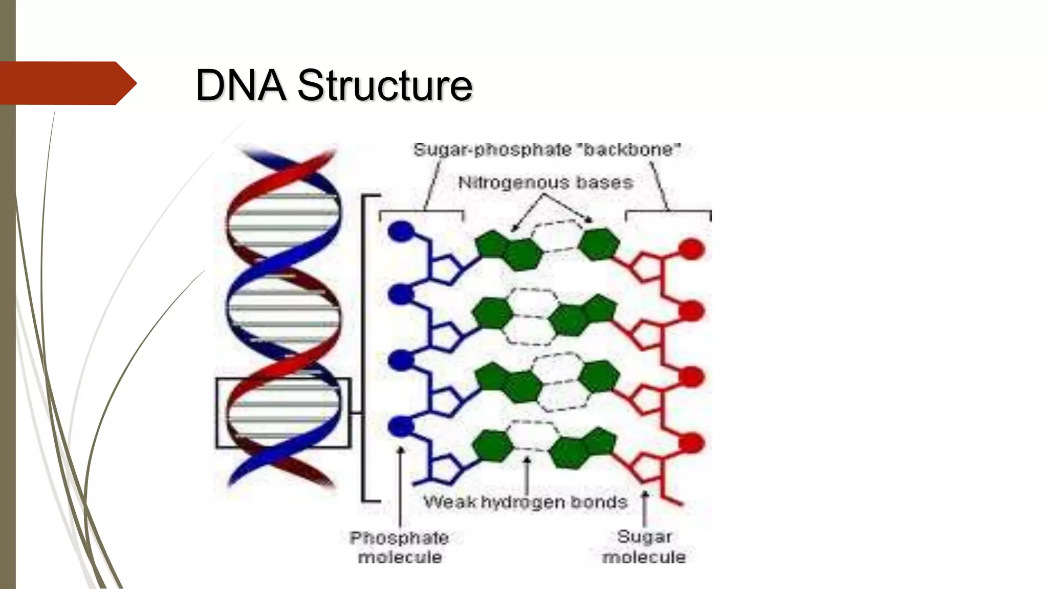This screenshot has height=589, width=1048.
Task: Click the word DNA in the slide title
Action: click(x=241, y=85)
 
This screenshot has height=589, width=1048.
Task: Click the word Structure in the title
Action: click(x=385, y=85)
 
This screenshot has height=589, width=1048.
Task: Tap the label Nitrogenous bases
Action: click(x=545, y=183)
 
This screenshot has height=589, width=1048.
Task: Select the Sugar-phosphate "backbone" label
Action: click(x=547, y=150)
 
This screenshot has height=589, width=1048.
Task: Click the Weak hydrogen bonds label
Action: click(x=526, y=502)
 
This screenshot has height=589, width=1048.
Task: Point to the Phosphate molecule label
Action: click(x=400, y=547)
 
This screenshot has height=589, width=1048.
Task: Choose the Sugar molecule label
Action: click(x=644, y=547)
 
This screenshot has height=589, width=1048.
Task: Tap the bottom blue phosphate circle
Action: click(x=401, y=426)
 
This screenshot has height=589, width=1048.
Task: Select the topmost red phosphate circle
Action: click(x=691, y=249)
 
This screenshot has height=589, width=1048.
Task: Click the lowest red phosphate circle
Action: click(x=691, y=443)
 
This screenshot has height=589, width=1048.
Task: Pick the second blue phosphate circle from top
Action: click(x=401, y=295)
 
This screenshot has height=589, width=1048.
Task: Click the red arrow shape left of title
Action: click(x=67, y=83)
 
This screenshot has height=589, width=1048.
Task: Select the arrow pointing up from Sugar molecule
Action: click(x=645, y=509)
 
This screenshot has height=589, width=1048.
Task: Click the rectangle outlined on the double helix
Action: click(x=283, y=413)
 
